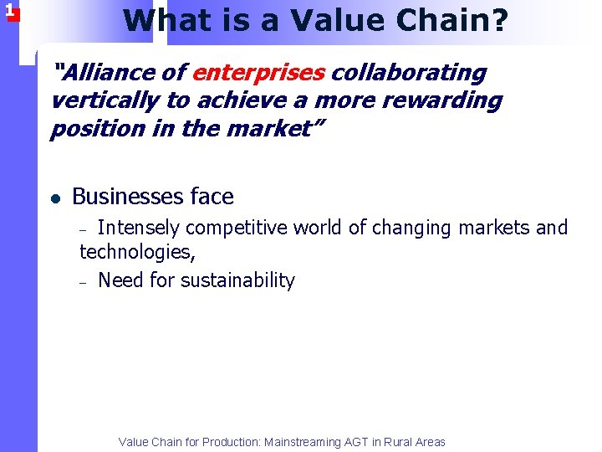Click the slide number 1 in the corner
(9, 11)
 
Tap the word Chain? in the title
(455, 20)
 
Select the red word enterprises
(258, 73)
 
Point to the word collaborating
(409, 73)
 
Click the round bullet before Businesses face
(55, 198)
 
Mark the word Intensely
(139, 228)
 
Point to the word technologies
(135, 252)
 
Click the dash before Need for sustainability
(84, 282)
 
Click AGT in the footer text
(356, 442)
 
